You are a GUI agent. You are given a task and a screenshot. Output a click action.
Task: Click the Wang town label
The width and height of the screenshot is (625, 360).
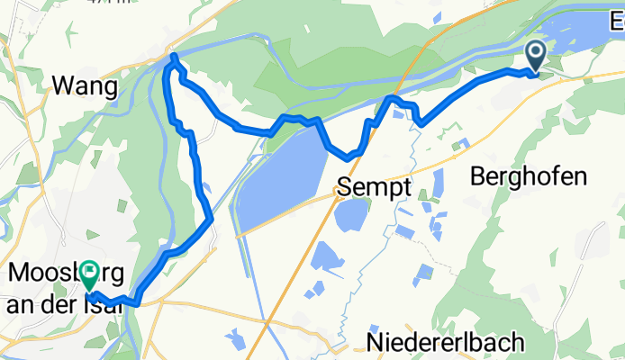86,86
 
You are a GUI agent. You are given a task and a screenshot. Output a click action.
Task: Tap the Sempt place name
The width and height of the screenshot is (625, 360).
374,187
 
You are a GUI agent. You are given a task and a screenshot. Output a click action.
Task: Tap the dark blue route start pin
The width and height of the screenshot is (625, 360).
535,57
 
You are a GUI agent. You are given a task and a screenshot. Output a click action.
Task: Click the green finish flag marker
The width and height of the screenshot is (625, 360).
91,275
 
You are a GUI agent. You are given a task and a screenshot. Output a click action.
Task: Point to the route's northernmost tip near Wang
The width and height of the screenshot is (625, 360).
174,58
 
